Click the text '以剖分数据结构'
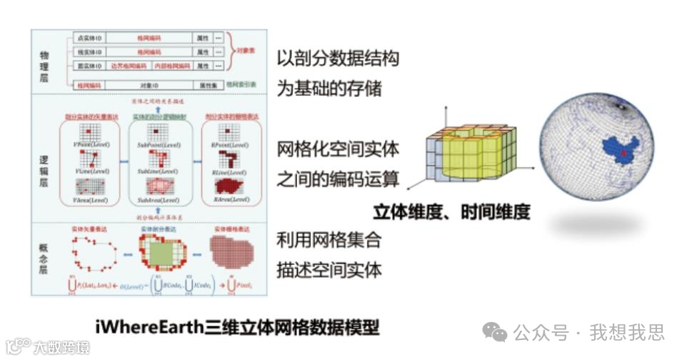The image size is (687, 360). [338, 59]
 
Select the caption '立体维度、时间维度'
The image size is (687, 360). [452, 211]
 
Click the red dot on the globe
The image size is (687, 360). [623, 152]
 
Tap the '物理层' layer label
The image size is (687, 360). [44, 63]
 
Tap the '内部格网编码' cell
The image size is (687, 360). [172, 66]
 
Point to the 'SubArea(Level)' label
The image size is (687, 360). [157, 201]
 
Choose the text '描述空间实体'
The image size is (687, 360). [329, 269]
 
